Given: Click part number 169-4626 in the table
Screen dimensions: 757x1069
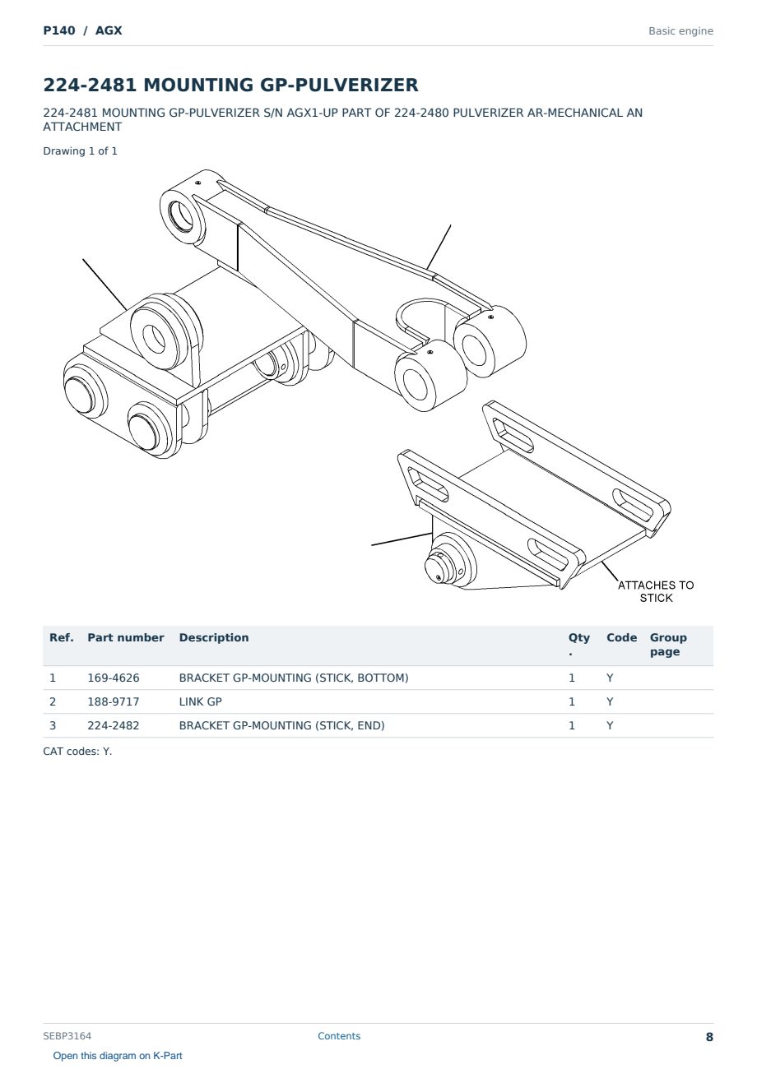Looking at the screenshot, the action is pyautogui.click(x=114, y=678).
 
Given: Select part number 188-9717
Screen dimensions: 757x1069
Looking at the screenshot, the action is pyautogui.click(x=114, y=701).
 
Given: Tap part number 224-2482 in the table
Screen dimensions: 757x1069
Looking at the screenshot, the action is pyautogui.click(x=114, y=725).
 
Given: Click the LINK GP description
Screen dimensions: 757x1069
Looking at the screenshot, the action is pyautogui.click(x=200, y=701).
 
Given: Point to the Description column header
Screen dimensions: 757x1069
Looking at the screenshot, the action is pyautogui.click(x=213, y=637).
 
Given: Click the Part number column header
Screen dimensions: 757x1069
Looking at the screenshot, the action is pyautogui.click(x=126, y=637).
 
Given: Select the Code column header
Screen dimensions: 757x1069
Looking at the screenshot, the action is pyautogui.click(x=621, y=637).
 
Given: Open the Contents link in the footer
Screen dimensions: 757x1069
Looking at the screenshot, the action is pyautogui.click(x=339, y=1035).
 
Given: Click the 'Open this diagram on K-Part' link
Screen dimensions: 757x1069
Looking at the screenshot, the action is pyautogui.click(x=118, y=1056).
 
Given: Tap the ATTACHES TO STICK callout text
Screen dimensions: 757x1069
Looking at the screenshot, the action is pyautogui.click(x=656, y=591).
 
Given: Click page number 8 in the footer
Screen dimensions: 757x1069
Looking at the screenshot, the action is pyautogui.click(x=709, y=1037).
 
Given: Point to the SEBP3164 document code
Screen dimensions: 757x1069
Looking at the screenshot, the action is pyautogui.click(x=67, y=1035).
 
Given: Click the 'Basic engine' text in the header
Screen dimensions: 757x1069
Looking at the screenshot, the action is pyautogui.click(x=680, y=31).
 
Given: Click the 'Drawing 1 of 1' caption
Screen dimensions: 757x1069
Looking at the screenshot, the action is pyautogui.click(x=81, y=151).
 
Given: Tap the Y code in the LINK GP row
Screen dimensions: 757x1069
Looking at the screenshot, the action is pyautogui.click(x=610, y=701).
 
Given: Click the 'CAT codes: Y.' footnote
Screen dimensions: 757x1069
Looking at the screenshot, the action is pyautogui.click(x=77, y=751).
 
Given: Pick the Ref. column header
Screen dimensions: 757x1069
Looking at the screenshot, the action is pyautogui.click(x=62, y=637).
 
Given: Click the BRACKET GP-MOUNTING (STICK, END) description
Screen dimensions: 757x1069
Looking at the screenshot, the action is pyautogui.click(x=281, y=725).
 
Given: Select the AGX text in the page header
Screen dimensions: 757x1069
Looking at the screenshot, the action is pyautogui.click(x=109, y=30).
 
